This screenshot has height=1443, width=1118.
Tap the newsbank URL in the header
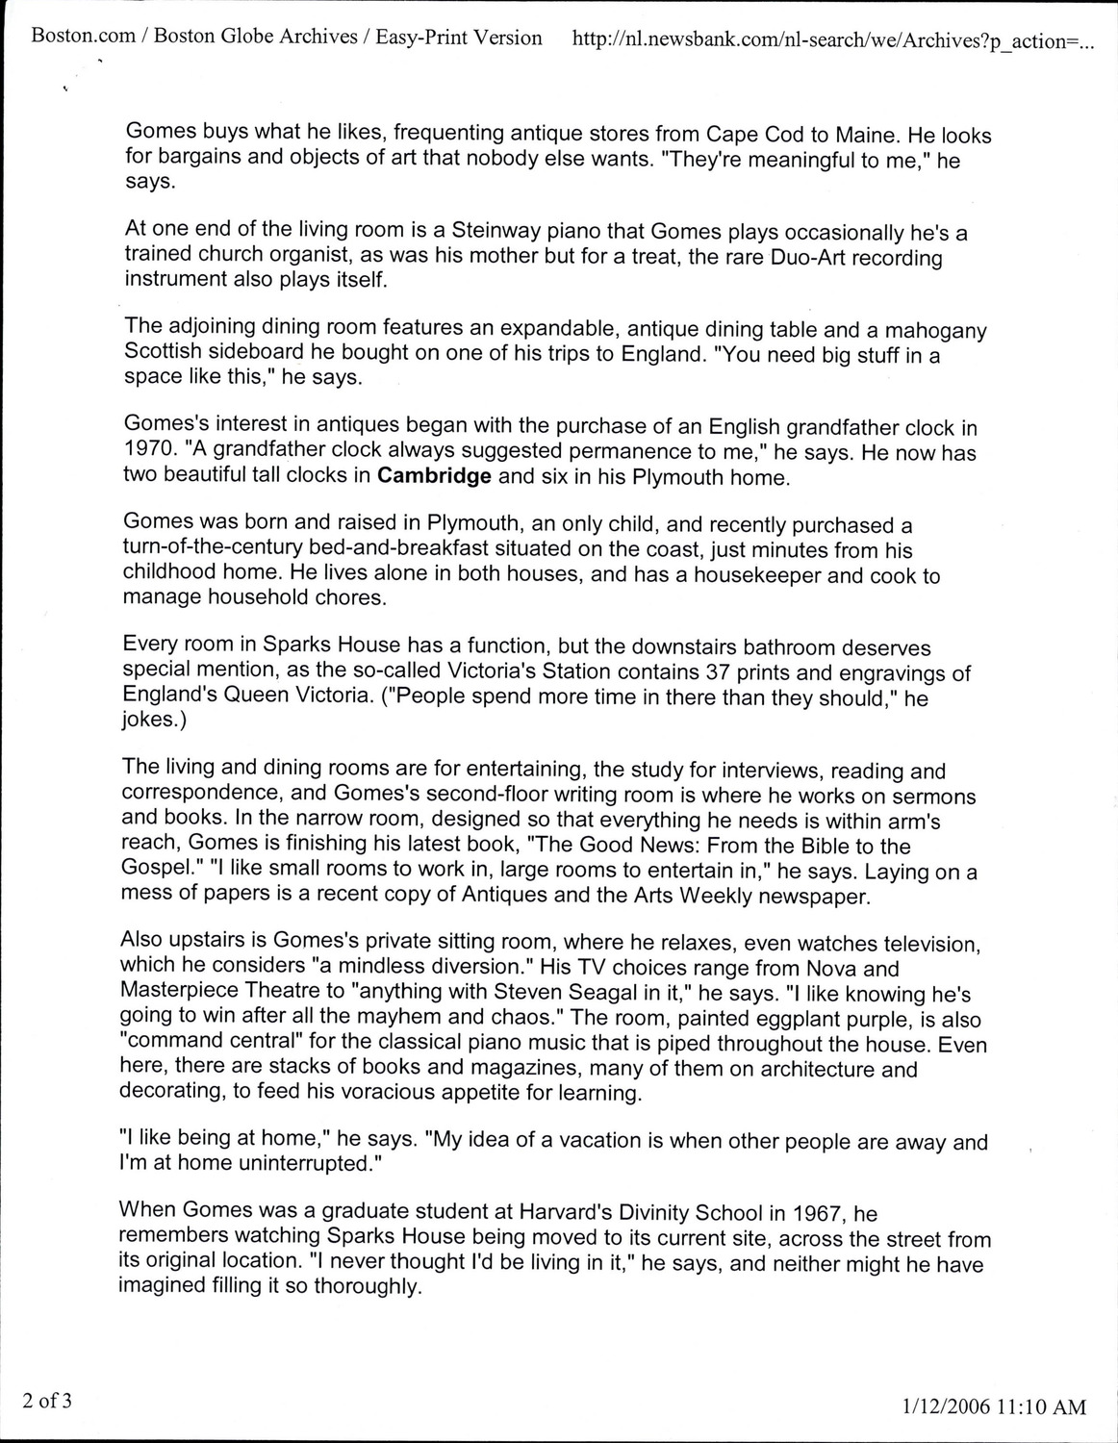click(832, 39)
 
